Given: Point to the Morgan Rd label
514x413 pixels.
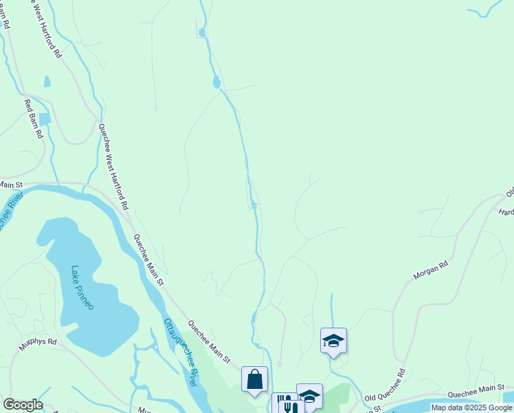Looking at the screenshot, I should [431, 269].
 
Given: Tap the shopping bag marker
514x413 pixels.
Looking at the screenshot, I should [254, 379].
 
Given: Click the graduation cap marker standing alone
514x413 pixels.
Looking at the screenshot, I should [333, 341].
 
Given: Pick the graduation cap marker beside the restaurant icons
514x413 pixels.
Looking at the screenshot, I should [309, 396].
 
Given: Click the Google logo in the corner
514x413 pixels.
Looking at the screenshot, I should [23, 405].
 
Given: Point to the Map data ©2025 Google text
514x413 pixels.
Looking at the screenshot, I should [471, 407].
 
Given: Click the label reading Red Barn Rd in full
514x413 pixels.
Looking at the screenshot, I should [34, 119].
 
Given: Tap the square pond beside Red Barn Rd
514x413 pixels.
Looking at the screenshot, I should [45, 119].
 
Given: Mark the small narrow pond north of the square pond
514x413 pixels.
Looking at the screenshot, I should [47, 81].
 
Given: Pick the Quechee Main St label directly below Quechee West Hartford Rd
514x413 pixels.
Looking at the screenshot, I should [148, 260].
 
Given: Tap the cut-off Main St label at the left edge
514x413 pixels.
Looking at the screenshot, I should [11, 184].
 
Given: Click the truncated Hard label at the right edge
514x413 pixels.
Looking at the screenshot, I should [506, 211].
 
